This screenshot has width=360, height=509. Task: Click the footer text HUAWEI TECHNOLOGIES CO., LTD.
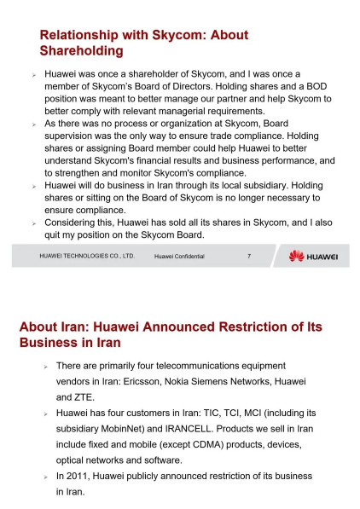pos(87,256)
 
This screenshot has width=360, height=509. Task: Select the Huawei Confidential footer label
pos(179,256)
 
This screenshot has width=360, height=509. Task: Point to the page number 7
pos(248,256)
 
